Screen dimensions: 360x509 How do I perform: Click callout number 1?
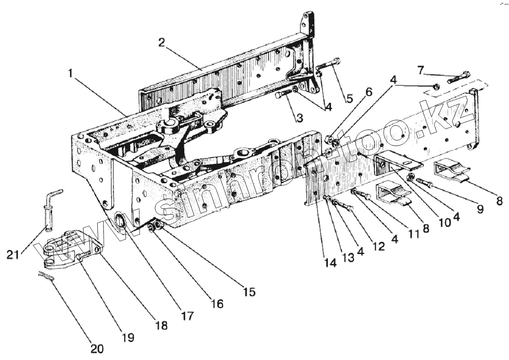tap(71, 73)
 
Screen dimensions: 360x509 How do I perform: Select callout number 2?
tap(162, 43)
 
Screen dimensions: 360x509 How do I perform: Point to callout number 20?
tap(97, 348)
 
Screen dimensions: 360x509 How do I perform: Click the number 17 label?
tap(188, 316)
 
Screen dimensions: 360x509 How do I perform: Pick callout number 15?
tap(249, 292)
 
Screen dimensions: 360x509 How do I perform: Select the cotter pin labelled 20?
tap(46, 277)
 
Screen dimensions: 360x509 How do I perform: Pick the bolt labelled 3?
tap(283, 94)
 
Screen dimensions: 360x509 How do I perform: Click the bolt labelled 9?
tap(424, 183)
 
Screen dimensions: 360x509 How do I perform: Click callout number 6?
tap(368, 92)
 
